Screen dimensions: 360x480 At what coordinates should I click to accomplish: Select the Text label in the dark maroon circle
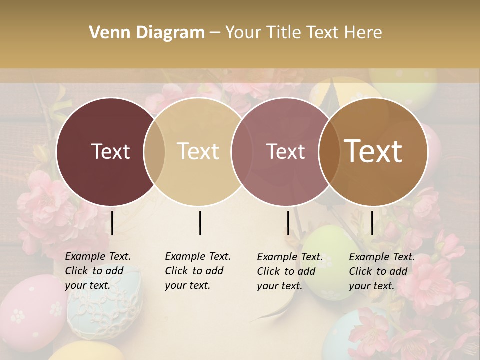tap(110, 151)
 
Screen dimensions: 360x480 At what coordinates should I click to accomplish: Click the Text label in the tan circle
tap(198, 151)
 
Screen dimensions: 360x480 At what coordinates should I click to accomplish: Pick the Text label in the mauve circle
tap(285, 151)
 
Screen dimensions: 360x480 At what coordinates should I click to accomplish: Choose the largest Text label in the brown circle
tap(373, 151)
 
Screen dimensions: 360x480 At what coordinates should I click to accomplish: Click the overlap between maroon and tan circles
tap(154, 151)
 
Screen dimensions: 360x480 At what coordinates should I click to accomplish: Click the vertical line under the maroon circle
tap(112, 223)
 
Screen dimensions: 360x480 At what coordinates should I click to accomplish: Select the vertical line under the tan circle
tap(200, 223)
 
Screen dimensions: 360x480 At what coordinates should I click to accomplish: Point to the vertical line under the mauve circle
tap(288, 223)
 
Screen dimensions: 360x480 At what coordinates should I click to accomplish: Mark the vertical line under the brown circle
tap(372, 223)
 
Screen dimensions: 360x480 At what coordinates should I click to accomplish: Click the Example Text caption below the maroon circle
tap(97, 271)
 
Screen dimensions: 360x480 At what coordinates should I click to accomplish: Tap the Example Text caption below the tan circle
tap(197, 271)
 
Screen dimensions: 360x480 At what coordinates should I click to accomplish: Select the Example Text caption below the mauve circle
tap(289, 271)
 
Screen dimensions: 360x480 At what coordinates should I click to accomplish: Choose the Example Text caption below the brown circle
tap(381, 271)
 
